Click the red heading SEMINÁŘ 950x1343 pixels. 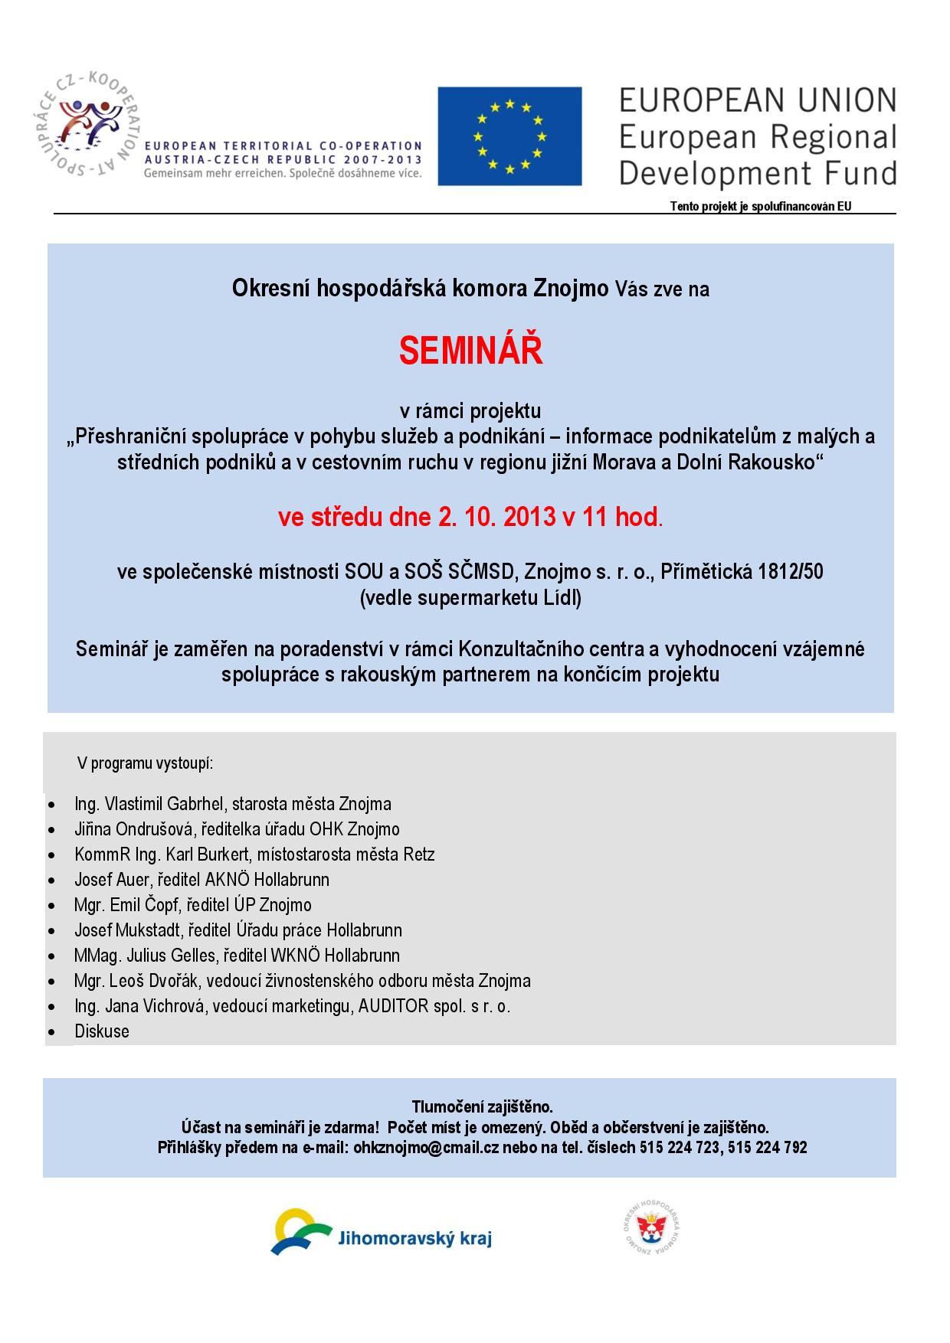click(x=470, y=351)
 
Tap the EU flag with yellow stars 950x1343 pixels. click(x=509, y=136)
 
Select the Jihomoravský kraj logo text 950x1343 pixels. click(x=414, y=1239)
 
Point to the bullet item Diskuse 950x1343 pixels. click(x=102, y=1031)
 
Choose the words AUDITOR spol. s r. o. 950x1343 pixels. click(x=434, y=1006)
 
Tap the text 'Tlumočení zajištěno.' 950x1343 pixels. click(x=482, y=1107)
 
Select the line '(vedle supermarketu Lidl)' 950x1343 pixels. click(x=470, y=598)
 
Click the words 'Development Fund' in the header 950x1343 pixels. click(x=757, y=173)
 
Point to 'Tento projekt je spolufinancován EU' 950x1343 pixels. click(x=761, y=206)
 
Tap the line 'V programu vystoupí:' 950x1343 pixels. click(x=145, y=763)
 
